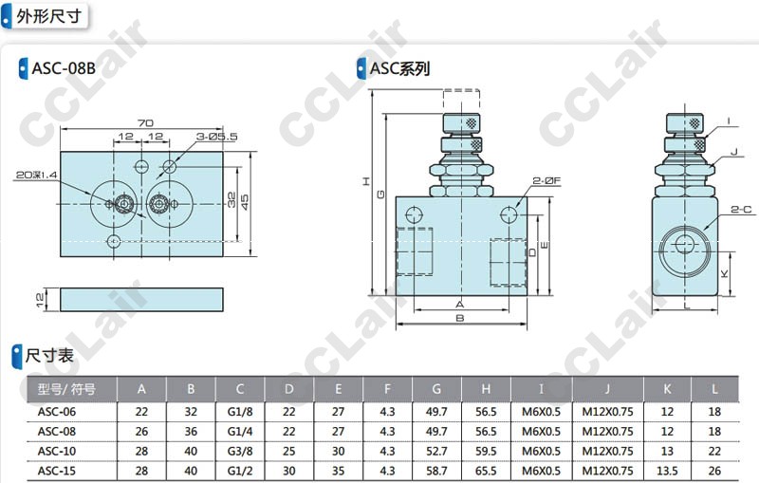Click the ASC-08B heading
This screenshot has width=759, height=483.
tap(64, 68)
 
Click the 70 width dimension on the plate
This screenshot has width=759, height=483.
tap(145, 123)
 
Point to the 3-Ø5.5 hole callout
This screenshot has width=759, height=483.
tap(216, 137)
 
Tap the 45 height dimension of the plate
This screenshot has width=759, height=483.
tap(245, 200)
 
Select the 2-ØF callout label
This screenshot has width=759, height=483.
tap(546, 181)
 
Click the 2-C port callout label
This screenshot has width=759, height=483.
tap(741, 210)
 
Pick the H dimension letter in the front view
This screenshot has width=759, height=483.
tap(366, 181)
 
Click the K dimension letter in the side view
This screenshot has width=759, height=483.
tap(724, 274)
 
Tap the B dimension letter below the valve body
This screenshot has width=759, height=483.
tap(460, 318)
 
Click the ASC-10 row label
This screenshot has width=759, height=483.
tap(57, 451)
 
